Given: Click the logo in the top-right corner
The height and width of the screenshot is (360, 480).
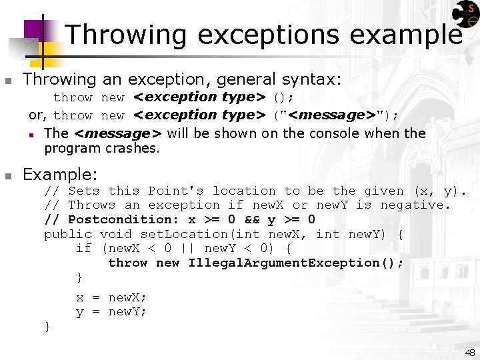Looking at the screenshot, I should click(465, 15).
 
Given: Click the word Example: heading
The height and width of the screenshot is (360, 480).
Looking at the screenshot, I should click(61, 175).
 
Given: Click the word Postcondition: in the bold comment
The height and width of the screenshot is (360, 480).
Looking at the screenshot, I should click(123, 219).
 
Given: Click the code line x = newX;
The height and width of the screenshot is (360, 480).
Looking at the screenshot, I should click(111, 297).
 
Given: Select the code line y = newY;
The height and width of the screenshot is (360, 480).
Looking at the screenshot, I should click(111, 311).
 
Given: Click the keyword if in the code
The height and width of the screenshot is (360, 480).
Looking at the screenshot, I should click(83, 248).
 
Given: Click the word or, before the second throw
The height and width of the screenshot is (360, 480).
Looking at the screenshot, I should click(39, 115).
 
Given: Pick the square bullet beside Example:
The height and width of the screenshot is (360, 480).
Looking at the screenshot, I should click(8, 176).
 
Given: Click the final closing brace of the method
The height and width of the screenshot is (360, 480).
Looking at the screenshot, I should click(47, 326).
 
